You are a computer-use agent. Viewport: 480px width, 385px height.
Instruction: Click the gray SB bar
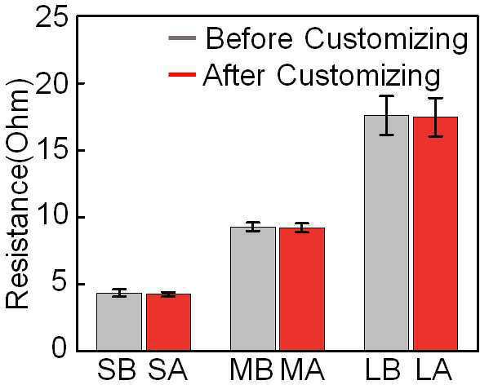pos(119,321)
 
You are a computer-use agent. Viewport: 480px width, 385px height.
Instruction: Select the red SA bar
pos(168,322)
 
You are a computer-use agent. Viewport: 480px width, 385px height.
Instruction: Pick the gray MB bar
pos(253,289)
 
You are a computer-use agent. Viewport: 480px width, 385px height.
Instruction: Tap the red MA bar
pos(302,289)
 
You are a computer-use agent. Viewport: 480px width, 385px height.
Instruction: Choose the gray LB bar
pos(386,232)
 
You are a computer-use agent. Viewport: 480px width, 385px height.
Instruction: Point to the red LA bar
pos(435,233)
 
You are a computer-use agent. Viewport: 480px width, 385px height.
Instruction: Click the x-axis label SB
pos(117,370)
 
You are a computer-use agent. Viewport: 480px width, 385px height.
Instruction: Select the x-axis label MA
pos(302,370)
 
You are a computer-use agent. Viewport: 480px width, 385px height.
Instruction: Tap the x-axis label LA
pos(434,370)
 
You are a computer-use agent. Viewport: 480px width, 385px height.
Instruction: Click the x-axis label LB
pos(383,370)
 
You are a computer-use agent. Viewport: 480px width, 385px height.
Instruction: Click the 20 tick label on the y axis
pos(52,83)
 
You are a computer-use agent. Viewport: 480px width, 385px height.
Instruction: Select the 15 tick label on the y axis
pos(52,150)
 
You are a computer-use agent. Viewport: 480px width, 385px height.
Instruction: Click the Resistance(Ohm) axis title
pos(18,194)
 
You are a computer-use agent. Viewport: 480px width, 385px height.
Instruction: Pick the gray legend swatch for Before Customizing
pos(182,38)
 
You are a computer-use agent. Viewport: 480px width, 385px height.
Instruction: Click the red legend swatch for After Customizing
pos(182,74)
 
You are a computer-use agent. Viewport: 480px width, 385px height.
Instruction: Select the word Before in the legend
pos(249,38)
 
